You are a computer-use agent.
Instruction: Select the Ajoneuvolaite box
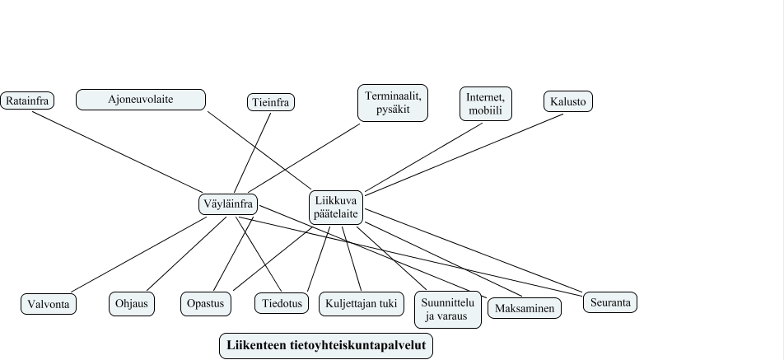(x=141, y=100)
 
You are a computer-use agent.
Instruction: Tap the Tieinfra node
(x=271, y=102)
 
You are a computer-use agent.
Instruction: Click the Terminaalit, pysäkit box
(x=394, y=103)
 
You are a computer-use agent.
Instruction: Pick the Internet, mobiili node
(x=484, y=104)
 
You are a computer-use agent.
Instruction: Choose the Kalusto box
(x=568, y=101)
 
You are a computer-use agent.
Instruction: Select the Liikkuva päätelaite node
(x=336, y=208)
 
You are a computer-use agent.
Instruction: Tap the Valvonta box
(x=49, y=304)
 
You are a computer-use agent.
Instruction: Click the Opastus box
(x=206, y=304)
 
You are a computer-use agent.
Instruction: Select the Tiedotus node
(x=280, y=304)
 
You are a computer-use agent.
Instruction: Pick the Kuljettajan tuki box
(x=362, y=304)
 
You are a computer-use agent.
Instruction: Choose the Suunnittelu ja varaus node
(x=448, y=308)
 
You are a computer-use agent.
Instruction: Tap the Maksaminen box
(x=525, y=308)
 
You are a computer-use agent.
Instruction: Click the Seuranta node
(x=610, y=302)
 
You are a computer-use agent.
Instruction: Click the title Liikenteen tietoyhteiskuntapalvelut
(x=326, y=346)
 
